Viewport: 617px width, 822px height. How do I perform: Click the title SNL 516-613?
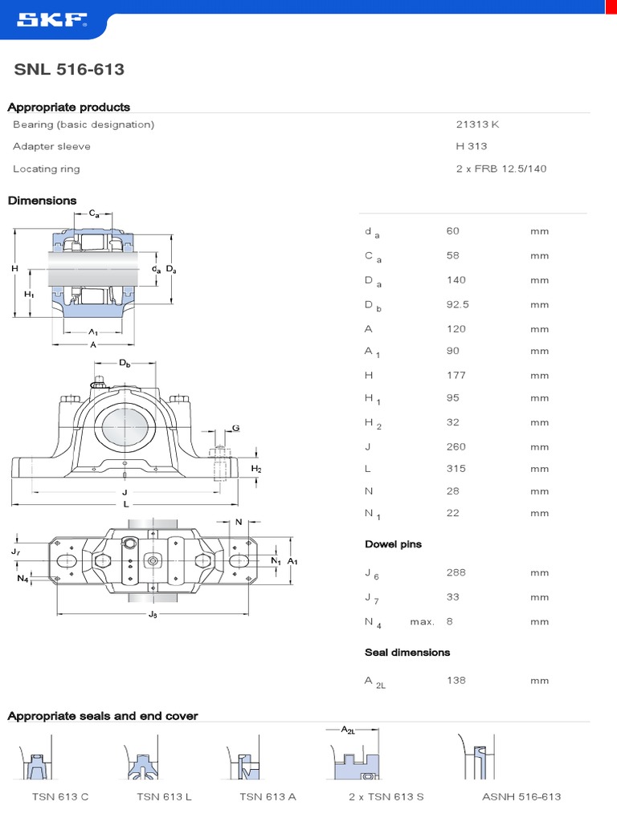[x=69, y=70]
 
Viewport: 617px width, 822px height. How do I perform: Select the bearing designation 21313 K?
[x=477, y=124]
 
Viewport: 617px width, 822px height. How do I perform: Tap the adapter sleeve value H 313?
[x=471, y=146]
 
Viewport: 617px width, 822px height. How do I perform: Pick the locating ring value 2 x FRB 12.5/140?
[x=501, y=169]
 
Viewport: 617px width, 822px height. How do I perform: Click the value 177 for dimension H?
[x=456, y=375]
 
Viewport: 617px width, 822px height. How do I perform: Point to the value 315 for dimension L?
[x=456, y=469]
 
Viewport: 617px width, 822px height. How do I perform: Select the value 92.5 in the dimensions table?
[x=458, y=304]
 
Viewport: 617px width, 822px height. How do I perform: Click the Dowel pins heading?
[x=393, y=544]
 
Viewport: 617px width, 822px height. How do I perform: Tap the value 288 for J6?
[x=456, y=572]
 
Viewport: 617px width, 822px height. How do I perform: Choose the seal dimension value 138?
[x=456, y=680]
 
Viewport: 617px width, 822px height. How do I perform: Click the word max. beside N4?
[x=422, y=621]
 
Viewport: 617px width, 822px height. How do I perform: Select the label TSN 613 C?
[x=60, y=796]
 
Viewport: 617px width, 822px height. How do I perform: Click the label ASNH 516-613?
[x=521, y=796]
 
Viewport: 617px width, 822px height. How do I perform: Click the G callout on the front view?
[x=235, y=429]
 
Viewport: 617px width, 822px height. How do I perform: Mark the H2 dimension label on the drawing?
[x=256, y=469]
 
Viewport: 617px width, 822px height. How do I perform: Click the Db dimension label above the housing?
[x=125, y=364]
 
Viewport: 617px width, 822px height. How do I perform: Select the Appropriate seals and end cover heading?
[x=103, y=716]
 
